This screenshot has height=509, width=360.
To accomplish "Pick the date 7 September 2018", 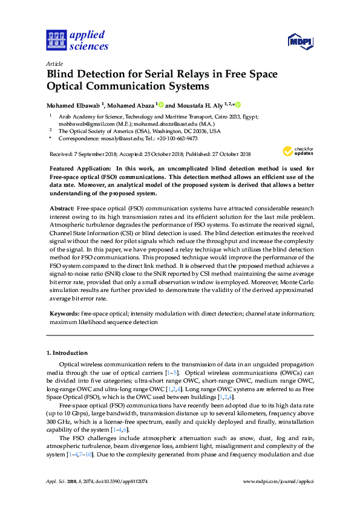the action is pyautogui.click(x=94, y=155).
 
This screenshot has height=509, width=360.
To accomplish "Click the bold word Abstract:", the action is pyautogui.click(x=62, y=208).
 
